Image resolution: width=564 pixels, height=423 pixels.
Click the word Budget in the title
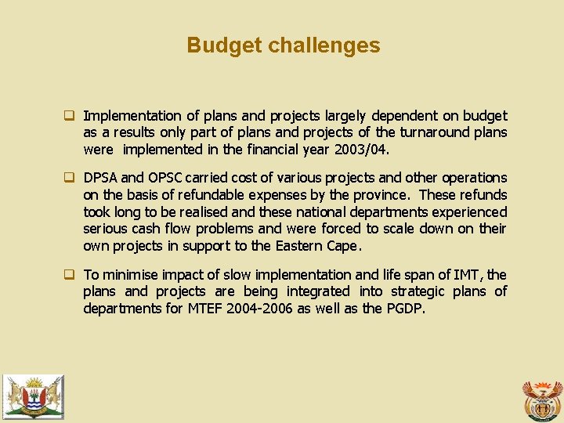click(x=224, y=45)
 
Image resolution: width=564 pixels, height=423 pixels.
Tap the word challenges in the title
click(x=324, y=45)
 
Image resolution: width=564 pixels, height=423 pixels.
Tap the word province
click(x=386, y=195)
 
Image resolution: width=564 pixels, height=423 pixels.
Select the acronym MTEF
click(x=205, y=309)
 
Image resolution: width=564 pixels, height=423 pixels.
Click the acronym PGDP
click(x=405, y=309)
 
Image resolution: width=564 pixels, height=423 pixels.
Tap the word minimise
click(x=130, y=274)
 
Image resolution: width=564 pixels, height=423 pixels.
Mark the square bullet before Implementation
click(x=69, y=115)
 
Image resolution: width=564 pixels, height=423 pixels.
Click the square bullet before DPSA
click(x=69, y=178)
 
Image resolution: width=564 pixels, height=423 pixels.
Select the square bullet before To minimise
click(x=69, y=274)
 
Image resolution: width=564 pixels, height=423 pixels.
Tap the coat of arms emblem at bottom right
click(x=542, y=399)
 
